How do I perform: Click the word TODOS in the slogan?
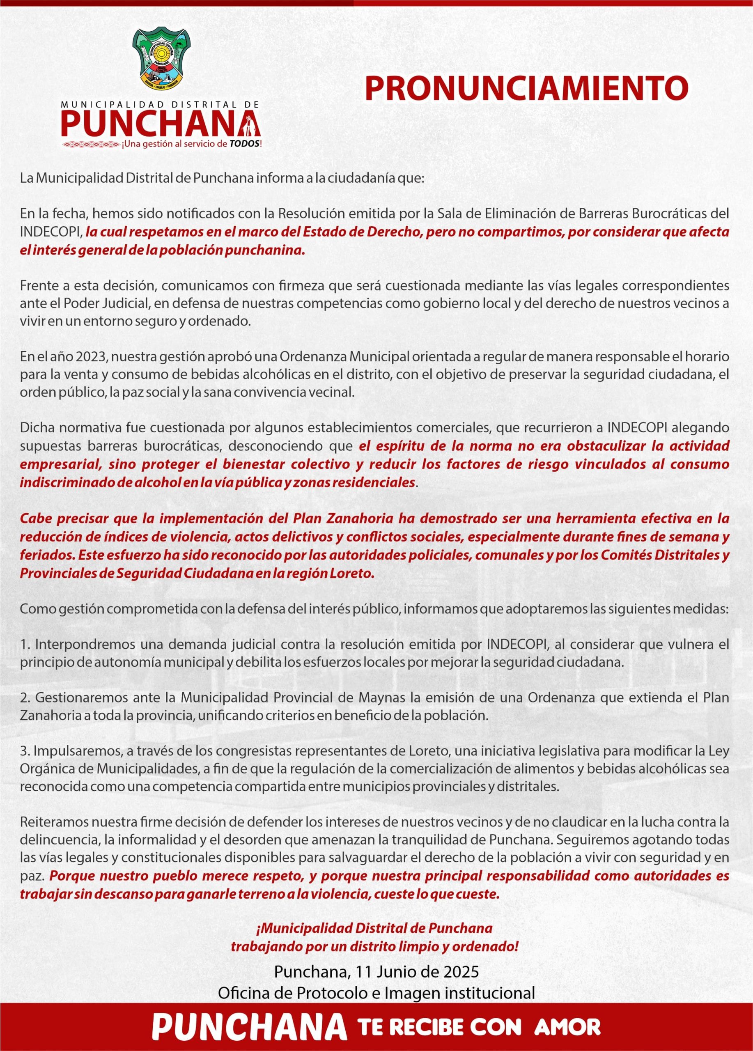coord(244,144)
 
